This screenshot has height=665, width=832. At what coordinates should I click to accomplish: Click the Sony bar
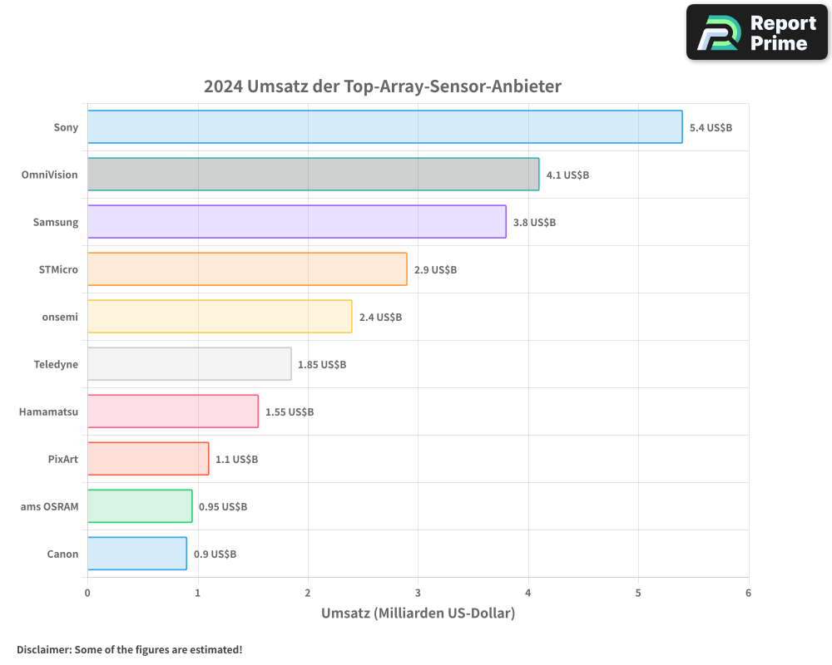click(x=384, y=127)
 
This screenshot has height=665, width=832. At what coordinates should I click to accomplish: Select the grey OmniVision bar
click(x=313, y=175)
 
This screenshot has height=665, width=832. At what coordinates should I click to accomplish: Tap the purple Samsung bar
click(x=296, y=222)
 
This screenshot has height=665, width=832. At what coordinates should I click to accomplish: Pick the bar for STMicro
click(x=247, y=269)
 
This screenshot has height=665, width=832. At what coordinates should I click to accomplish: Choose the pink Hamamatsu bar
click(x=172, y=411)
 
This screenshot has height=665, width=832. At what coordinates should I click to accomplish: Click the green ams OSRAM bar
click(x=140, y=506)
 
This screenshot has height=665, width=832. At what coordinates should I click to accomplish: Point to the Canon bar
click(x=136, y=554)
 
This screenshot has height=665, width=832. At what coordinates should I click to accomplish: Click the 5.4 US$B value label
click(x=711, y=128)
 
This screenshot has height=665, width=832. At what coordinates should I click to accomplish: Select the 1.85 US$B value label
click(x=322, y=365)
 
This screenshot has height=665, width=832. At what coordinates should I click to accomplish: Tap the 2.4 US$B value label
click(x=380, y=318)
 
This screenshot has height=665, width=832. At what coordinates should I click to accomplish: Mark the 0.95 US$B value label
click(x=223, y=507)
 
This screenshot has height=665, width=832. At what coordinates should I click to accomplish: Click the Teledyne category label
click(x=56, y=365)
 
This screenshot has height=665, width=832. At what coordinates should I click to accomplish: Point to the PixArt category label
click(x=63, y=459)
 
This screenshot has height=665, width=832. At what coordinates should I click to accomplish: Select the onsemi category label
click(x=61, y=318)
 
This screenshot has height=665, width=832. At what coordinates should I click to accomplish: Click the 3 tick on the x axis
click(x=418, y=593)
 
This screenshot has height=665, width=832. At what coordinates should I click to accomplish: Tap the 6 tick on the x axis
click(x=748, y=593)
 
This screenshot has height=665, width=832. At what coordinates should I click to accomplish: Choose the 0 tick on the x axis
click(x=87, y=593)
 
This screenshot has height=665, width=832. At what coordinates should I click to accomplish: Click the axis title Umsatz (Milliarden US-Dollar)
click(x=418, y=613)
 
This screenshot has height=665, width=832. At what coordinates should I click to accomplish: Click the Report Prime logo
click(x=756, y=32)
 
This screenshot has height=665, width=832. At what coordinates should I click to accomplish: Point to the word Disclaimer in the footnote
click(x=42, y=650)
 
